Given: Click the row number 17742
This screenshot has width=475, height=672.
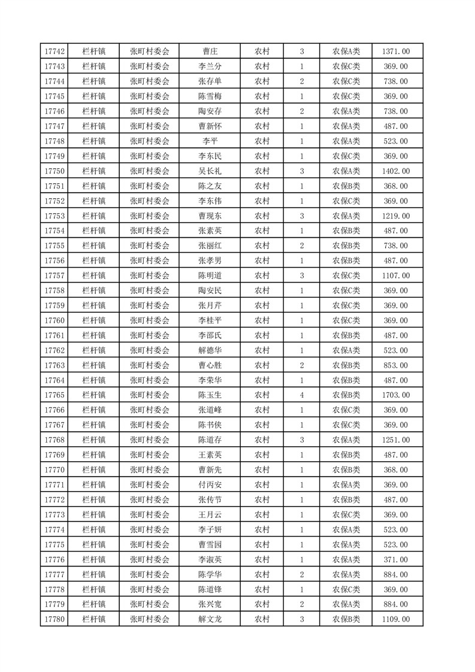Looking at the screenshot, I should click(x=55, y=52).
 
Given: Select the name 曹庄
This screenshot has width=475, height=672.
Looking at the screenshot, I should click(x=210, y=52).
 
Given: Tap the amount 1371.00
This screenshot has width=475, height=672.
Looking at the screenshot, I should click(x=395, y=52).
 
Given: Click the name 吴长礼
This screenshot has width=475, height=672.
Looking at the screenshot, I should click(x=210, y=171).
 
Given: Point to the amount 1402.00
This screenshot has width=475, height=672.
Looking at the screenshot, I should click(x=395, y=171).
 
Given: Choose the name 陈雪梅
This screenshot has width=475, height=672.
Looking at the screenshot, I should click(x=210, y=96).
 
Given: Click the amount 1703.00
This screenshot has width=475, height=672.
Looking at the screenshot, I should click(x=395, y=395).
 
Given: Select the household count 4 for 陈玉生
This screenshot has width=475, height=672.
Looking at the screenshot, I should click(x=301, y=395).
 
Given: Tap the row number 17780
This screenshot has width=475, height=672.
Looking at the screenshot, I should click(x=55, y=619).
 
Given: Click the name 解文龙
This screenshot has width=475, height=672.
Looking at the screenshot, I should click(x=210, y=619).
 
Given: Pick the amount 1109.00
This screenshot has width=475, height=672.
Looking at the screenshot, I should click(x=395, y=619).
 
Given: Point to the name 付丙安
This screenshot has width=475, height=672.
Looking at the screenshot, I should click(x=210, y=485).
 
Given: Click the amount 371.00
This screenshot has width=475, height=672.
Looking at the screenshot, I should click(x=395, y=559).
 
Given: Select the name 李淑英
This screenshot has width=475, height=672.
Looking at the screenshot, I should click(x=210, y=559).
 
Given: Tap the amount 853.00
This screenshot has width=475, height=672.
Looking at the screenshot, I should click(x=395, y=365).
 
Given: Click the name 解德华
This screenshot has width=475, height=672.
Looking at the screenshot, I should click(x=210, y=350).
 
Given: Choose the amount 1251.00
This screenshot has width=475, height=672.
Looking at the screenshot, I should click(x=395, y=440).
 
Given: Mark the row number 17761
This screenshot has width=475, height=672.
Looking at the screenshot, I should click(x=55, y=335).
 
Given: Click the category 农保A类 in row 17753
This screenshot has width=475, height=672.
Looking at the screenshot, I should click(x=346, y=216).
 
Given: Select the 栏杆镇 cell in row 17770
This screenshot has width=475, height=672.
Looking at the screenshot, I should click(x=94, y=470).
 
